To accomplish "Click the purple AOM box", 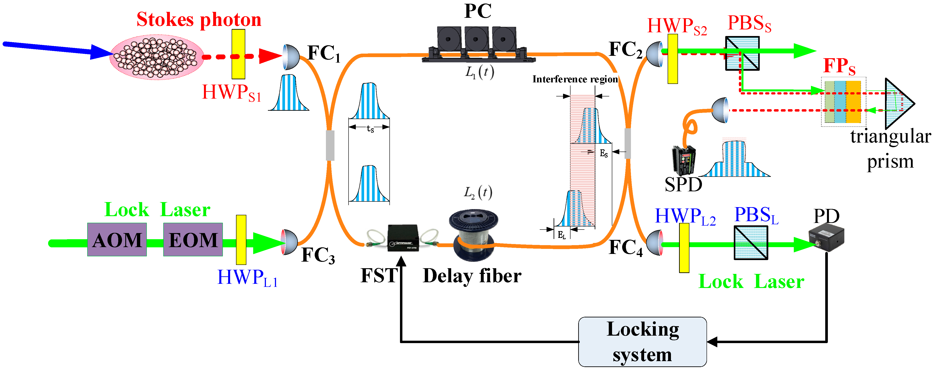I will (x=117, y=239).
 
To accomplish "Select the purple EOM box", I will (x=193, y=239).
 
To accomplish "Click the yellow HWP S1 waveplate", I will (x=238, y=54).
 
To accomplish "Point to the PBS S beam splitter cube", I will (x=742, y=53).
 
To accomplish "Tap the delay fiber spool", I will (x=474, y=235).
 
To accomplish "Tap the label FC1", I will (x=324, y=54).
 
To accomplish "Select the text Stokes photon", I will (x=199, y=20).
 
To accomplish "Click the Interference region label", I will (x=575, y=79).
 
